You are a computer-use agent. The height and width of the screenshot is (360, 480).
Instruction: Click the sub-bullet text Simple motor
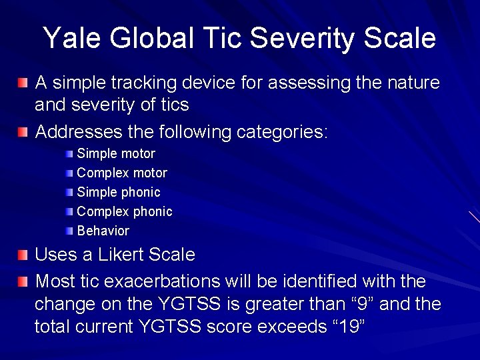[x=116, y=153]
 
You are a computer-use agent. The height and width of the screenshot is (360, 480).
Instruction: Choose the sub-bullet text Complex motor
[x=122, y=173]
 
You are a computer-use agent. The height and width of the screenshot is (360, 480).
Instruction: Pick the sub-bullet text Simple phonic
[x=119, y=192]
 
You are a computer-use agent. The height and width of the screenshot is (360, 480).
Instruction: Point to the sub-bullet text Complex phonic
[x=125, y=211]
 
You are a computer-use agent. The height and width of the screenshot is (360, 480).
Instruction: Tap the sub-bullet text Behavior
[x=103, y=231]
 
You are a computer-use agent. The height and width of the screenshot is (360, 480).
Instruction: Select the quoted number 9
[x=361, y=304]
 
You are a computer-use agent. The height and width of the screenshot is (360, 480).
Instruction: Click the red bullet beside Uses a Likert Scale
[x=23, y=255]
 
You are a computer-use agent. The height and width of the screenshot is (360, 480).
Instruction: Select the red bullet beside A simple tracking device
[x=23, y=83]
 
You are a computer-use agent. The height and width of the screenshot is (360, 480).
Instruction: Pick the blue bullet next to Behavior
[x=70, y=231]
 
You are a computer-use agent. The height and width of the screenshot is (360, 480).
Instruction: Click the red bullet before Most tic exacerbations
[x=23, y=280]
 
